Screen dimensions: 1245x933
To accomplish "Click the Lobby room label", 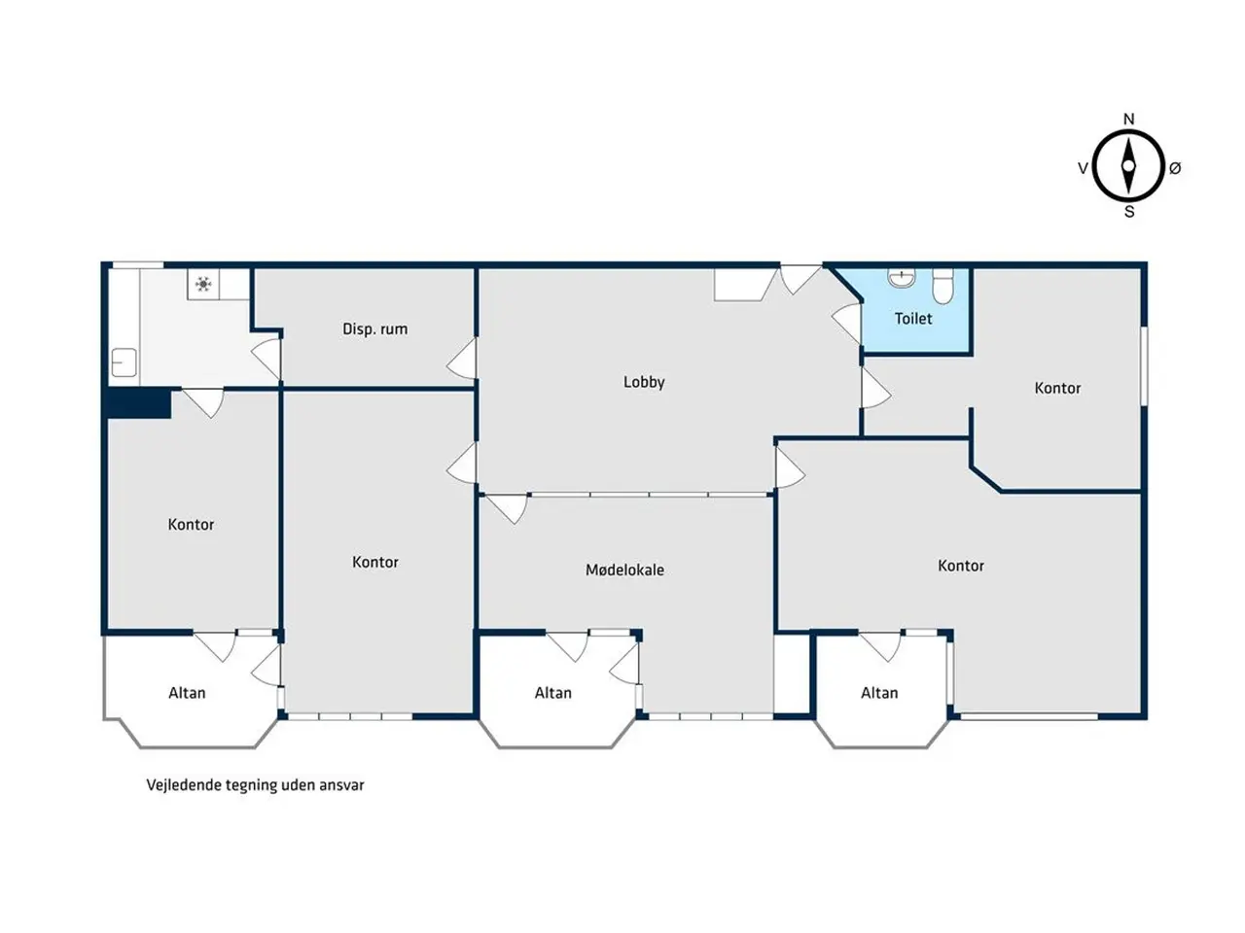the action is tap(643, 382).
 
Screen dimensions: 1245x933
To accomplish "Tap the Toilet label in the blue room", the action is tap(912, 319).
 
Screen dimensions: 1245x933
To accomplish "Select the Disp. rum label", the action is tap(374, 329).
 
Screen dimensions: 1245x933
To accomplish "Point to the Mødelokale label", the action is tap(624, 570).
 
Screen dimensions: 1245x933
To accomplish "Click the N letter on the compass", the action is tap(1128, 119).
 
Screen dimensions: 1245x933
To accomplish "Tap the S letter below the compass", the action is tap(1129, 212).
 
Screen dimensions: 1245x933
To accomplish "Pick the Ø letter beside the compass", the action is tap(1175, 168).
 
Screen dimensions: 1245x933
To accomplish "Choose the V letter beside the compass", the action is tap(1083, 168).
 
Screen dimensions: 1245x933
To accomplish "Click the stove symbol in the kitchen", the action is tap(203, 284).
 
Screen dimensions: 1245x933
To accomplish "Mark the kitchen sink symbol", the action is tap(124, 363).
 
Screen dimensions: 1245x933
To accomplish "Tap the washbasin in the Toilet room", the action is tap(902, 278).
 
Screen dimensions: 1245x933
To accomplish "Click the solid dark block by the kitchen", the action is tap(139, 403).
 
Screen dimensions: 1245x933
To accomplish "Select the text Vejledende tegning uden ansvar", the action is tap(255, 784).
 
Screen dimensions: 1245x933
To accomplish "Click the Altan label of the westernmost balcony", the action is tap(187, 692).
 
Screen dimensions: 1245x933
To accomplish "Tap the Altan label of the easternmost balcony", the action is tap(879, 692).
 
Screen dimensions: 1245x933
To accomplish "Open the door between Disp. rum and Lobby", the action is tap(462, 359).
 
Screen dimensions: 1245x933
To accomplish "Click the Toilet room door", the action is tap(847, 323).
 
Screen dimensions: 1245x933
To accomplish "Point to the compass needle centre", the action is tap(1128, 166).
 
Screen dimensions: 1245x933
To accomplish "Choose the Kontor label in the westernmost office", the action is tap(191, 524).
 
